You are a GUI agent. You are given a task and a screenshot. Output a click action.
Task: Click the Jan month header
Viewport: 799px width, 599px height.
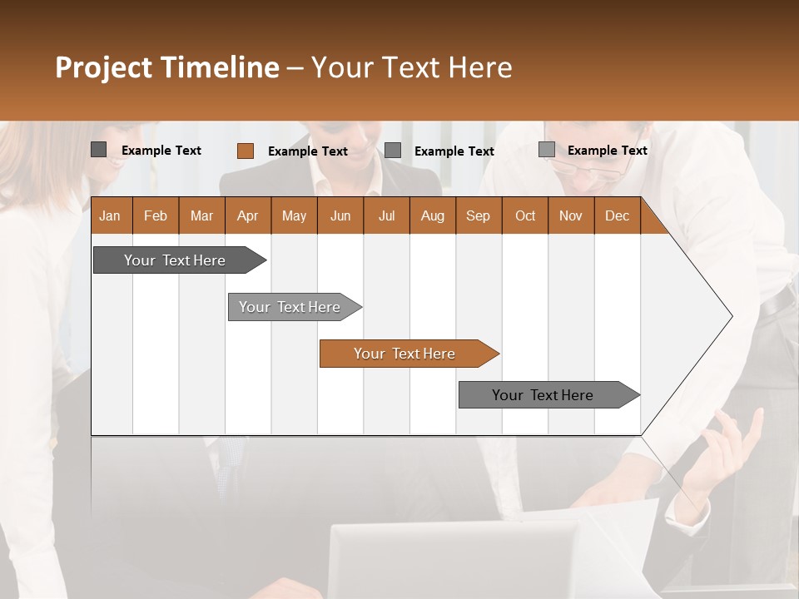point(110,215)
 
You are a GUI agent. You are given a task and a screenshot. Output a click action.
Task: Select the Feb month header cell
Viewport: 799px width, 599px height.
point(156,215)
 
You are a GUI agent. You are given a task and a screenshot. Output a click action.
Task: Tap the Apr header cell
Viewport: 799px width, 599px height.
point(247,215)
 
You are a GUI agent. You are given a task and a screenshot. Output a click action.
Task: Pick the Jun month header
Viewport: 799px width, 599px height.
point(340,215)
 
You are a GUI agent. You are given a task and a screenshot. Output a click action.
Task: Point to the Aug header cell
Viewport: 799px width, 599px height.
point(432,215)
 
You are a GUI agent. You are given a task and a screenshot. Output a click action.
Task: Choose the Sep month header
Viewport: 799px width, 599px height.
point(478,215)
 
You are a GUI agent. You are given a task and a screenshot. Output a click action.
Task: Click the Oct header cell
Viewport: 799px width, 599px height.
point(524,215)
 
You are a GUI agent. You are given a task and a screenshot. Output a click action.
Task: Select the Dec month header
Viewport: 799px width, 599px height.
point(617,215)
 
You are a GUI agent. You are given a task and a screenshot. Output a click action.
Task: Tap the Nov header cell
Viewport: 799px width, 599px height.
point(570,215)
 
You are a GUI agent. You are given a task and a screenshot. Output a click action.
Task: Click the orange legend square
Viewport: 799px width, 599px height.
point(245,151)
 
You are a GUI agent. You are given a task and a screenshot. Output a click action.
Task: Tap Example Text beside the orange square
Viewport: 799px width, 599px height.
point(307,151)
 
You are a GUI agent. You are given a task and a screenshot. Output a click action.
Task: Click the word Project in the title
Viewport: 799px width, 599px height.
point(104,67)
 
